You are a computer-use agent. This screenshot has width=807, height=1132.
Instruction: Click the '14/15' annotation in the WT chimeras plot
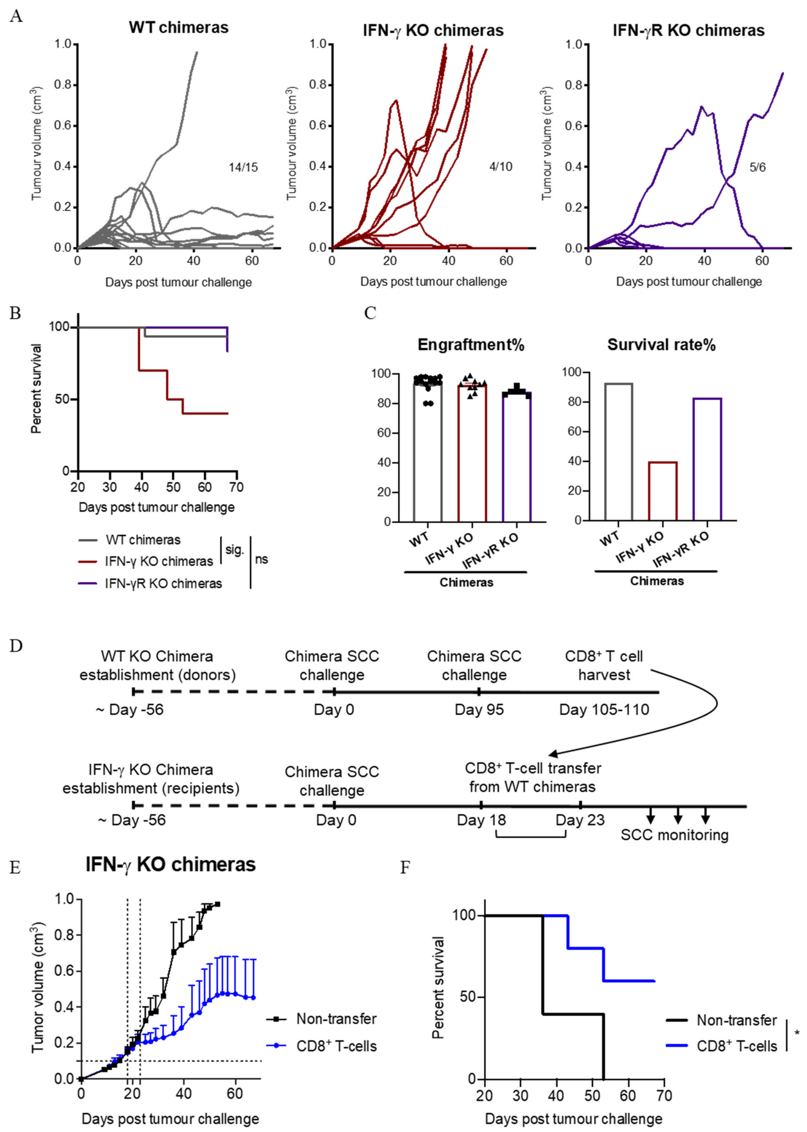[x=243, y=167]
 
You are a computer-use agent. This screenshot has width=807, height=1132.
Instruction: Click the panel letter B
[x=15, y=314]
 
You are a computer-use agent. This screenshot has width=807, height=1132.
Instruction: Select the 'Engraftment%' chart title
[x=471, y=345]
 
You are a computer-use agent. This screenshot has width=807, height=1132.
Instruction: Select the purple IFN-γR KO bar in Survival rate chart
[x=707, y=459]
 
